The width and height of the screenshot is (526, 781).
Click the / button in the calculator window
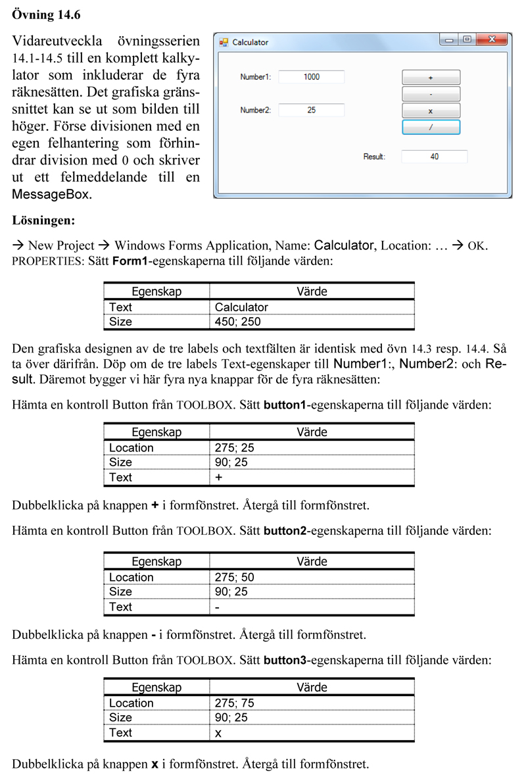point(431,128)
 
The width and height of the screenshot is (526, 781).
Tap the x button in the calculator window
point(431,111)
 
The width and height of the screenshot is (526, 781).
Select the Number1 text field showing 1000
point(312,77)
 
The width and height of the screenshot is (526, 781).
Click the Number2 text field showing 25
point(312,110)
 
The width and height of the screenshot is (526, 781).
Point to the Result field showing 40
point(434,157)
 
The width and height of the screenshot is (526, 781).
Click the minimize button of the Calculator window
point(449,41)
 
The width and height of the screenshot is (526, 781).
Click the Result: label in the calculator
point(374,157)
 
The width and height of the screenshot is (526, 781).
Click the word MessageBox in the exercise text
point(52,195)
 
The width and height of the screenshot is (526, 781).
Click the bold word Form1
point(131,261)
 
